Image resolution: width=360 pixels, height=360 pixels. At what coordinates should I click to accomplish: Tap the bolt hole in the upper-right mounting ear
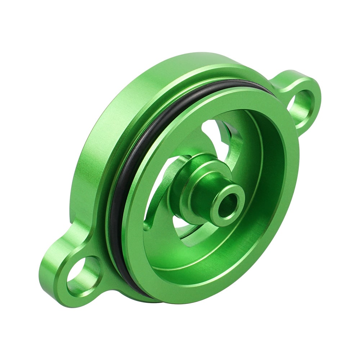pyautogui.click(x=302, y=104)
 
